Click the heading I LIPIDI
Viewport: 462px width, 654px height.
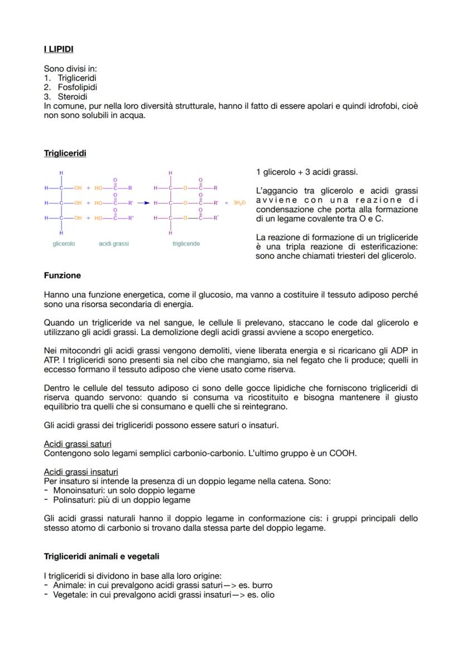click(x=59, y=49)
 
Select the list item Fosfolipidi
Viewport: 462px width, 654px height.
click(x=77, y=88)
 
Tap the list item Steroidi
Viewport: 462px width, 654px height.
click(x=72, y=97)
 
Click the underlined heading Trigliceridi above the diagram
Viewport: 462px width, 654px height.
click(x=65, y=153)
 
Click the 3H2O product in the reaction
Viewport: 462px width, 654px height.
click(x=238, y=203)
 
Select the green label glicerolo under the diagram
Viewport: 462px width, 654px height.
click(x=64, y=244)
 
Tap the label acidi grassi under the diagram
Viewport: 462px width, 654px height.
click(x=114, y=244)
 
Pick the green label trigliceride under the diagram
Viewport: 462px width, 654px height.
click(x=186, y=244)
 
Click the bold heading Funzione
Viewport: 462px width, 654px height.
click(x=62, y=275)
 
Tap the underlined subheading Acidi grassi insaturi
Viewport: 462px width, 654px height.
click(x=80, y=472)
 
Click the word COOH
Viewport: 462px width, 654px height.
click(x=344, y=453)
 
